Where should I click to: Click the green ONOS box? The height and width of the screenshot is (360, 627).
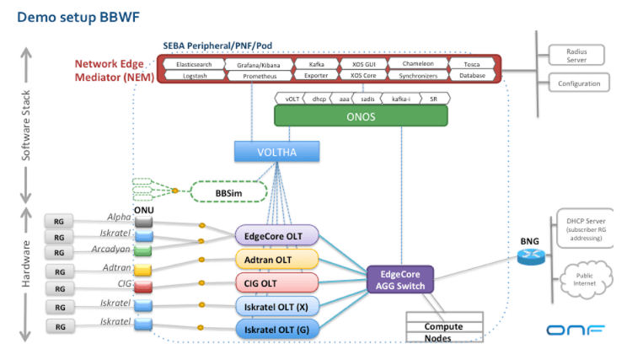point(361,116)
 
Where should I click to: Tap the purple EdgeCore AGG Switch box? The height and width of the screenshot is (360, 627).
point(399,279)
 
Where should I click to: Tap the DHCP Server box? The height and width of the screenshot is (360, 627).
point(582,228)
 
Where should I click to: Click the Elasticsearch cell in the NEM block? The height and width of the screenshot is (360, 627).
point(194,64)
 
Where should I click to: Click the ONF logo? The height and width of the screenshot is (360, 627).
point(576,330)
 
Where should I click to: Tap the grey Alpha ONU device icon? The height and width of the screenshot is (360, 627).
point(143,222)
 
